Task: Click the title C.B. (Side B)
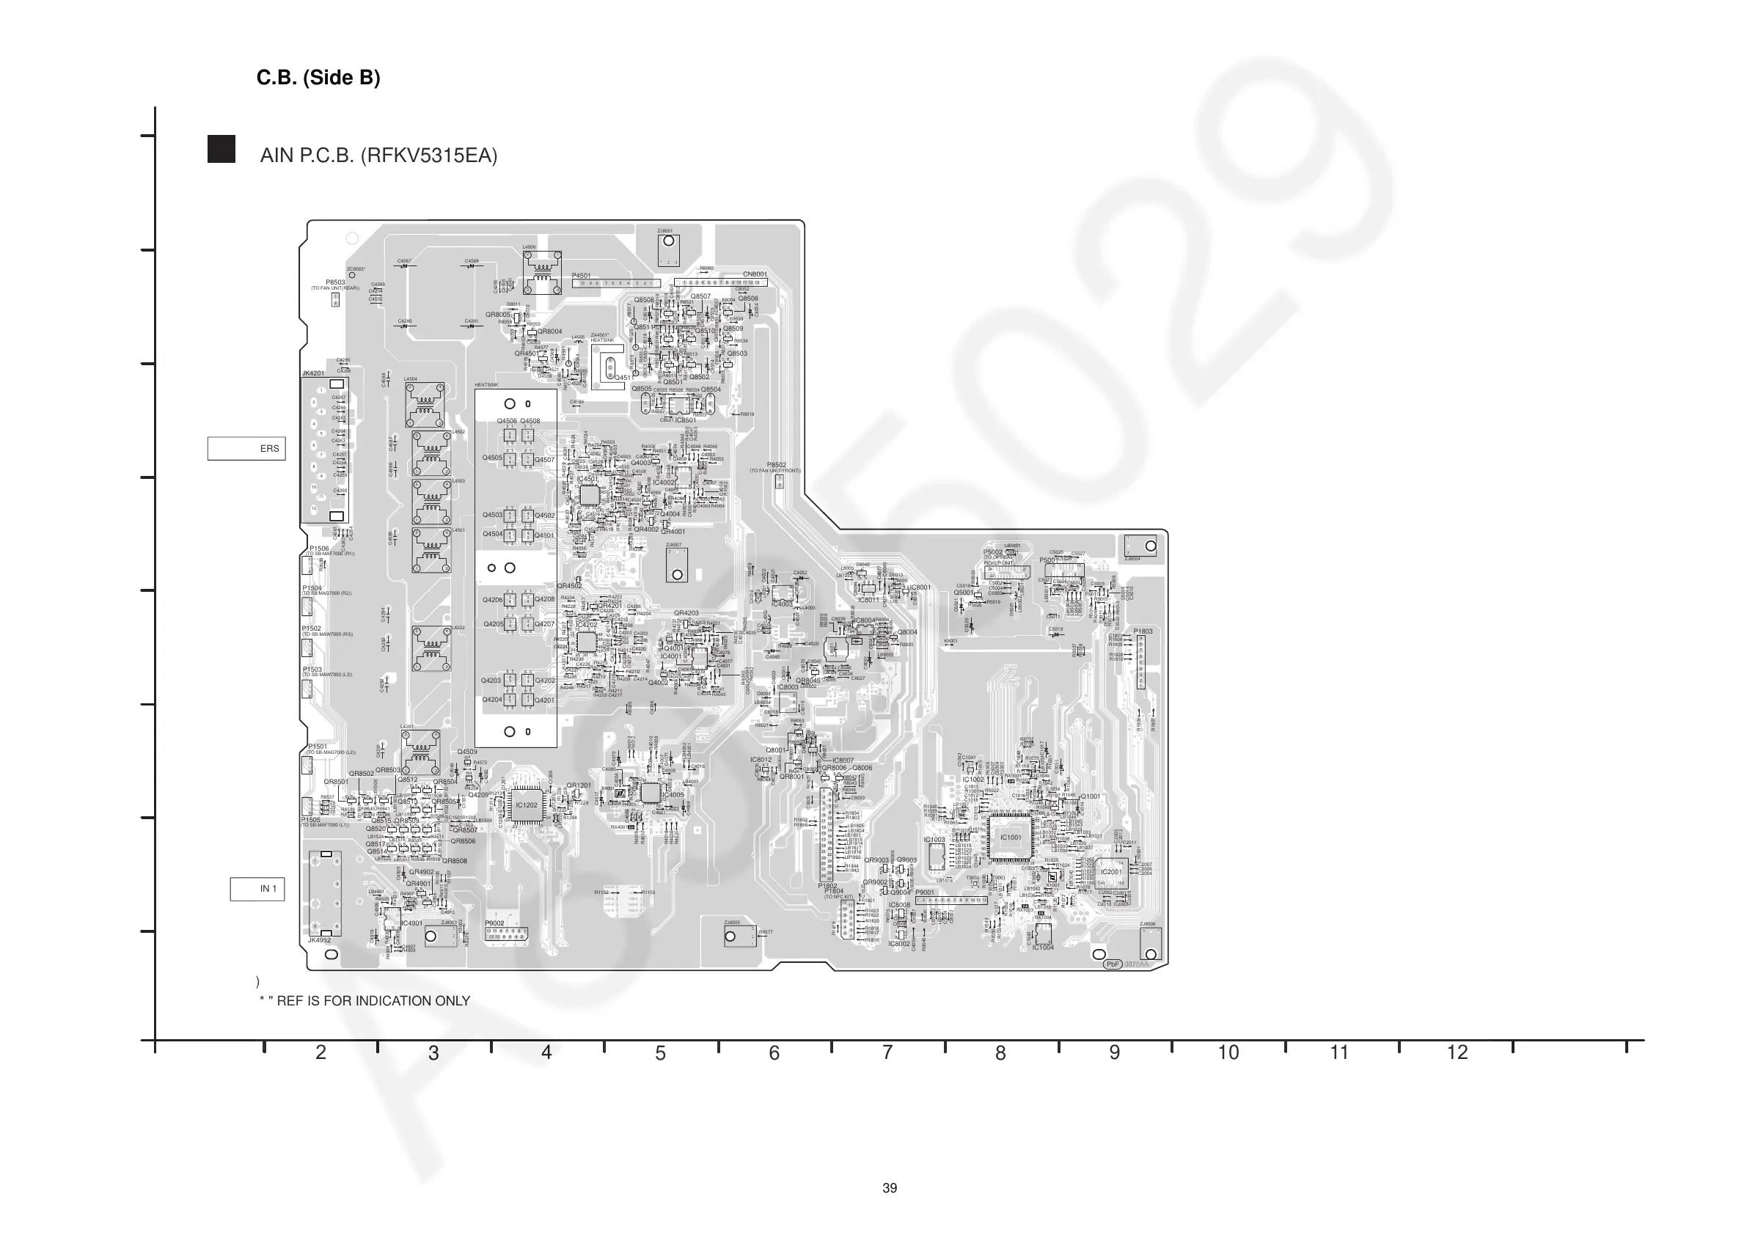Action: pos(318,78)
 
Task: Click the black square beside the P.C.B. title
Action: pos(221,149)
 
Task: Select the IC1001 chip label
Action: pos(1011,837)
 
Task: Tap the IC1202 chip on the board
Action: pos(526,805)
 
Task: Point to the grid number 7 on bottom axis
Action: pos(887,1052)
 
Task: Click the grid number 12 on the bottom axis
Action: pos(1457,1052)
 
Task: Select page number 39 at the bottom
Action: pos(890,1188)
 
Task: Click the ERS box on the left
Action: pos(246,448)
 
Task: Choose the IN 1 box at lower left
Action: pos(258,889)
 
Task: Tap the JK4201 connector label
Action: pos(312,373)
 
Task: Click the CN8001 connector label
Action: pos(755,274)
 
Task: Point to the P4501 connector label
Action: pos(582,276)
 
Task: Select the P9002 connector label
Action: pos(494,923)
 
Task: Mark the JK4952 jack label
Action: pos(320,940)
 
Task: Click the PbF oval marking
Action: pos(1113,964)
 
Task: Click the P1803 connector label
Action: pos(1143,631)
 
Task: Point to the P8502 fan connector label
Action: pos(776,465)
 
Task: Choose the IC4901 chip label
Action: pos(411,924)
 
